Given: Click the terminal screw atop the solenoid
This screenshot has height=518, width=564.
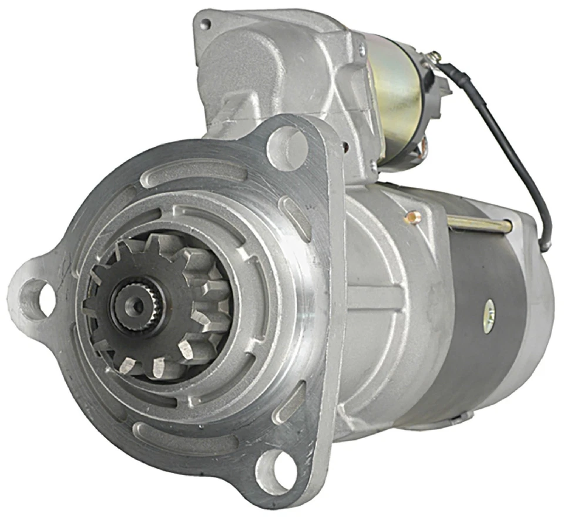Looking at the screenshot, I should point(433,57).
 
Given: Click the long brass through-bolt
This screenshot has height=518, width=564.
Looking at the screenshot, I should point(479,223).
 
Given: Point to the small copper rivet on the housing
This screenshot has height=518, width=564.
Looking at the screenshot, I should point(415,218).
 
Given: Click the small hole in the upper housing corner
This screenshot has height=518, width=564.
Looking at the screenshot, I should point(205,25).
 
